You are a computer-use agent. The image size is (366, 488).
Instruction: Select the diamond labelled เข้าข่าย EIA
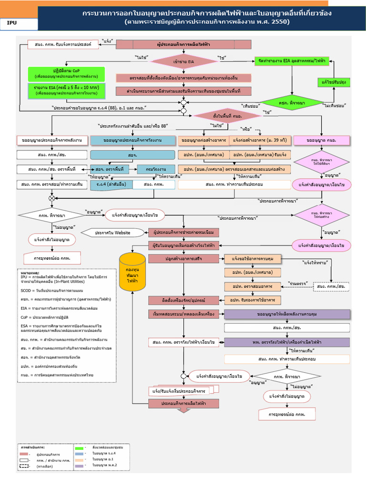[x=183, y=61]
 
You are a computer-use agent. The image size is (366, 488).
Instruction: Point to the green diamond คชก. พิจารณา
[x=291, y=102]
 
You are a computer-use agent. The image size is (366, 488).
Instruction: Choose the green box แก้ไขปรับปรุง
[x=334, y=82]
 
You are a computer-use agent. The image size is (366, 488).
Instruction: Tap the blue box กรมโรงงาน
[x=152, y=169]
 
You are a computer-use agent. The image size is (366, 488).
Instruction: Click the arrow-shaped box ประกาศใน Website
[x=112, y=232]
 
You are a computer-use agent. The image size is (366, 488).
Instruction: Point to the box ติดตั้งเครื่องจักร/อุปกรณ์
[x=183, y=300]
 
